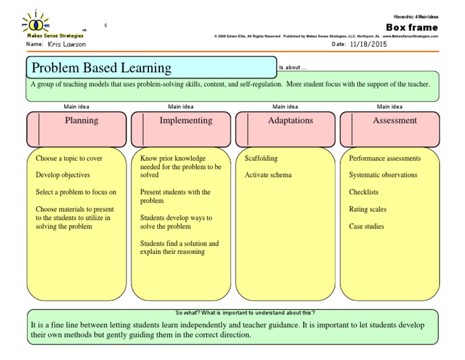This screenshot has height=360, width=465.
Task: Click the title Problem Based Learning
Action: point(102,68)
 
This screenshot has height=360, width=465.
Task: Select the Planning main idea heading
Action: point(81,121)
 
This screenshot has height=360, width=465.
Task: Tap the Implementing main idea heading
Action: point(186,121)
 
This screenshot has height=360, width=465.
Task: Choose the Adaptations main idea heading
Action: point(291,121)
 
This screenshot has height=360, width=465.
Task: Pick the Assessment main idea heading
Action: point(395,121)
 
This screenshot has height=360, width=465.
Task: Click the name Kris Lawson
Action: point(67,44)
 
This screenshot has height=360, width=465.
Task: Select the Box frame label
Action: point(412,27)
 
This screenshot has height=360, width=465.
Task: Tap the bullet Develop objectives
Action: point(63,175)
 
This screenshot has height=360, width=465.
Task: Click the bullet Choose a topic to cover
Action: point(69,158)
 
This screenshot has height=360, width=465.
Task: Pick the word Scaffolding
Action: point(261,158)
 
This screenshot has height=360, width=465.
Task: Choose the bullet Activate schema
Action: point(268,175)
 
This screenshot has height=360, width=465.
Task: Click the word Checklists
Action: point(363,192)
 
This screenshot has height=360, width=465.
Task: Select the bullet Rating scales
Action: point(368,209)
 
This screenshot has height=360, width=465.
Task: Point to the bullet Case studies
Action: point(366,226)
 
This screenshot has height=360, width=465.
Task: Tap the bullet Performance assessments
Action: point(384,158)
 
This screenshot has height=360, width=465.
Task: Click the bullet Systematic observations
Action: point(383,175)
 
